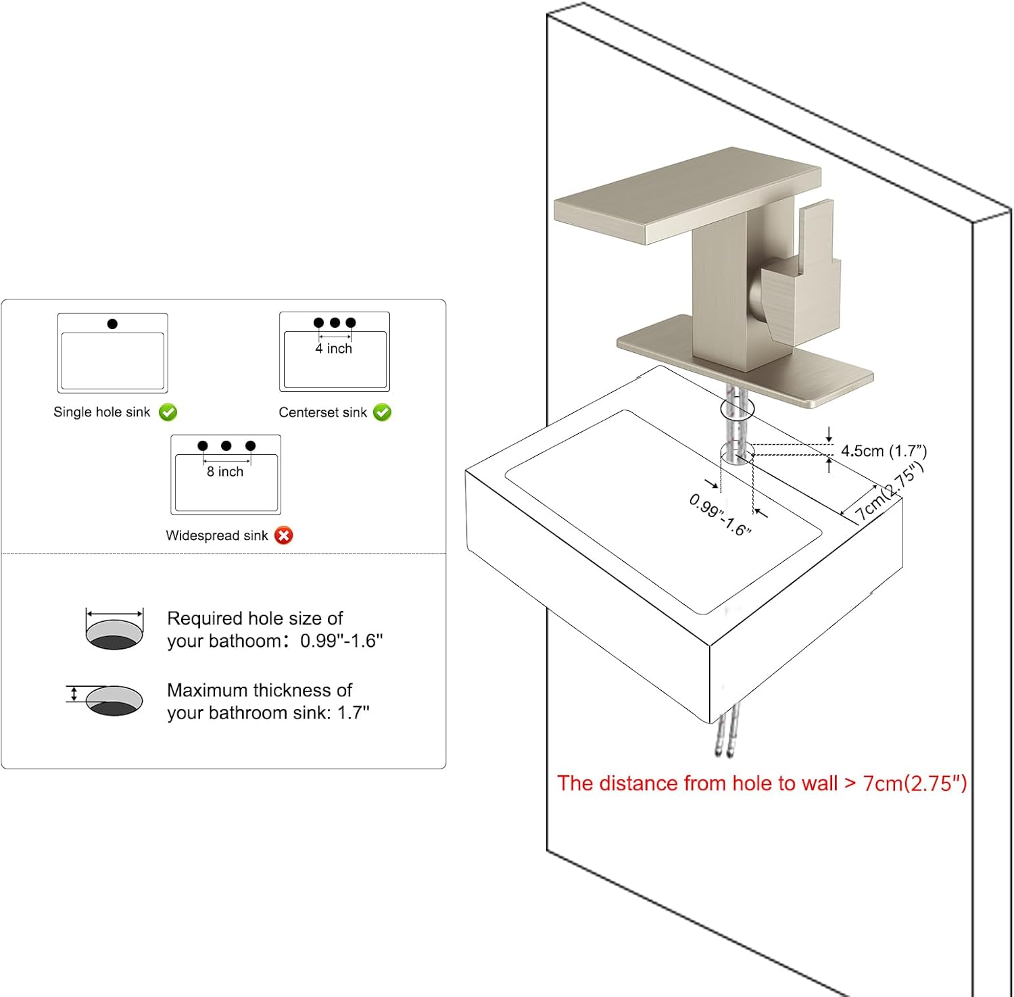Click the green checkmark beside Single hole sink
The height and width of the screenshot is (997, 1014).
point(168,412)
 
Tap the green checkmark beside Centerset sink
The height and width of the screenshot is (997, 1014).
point(382,412)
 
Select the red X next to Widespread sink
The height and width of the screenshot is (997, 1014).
point(284,535)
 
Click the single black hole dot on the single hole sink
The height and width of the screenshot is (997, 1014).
point(112,324)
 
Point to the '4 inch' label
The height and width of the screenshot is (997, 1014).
point(334,349)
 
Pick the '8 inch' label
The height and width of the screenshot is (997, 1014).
point(225,472)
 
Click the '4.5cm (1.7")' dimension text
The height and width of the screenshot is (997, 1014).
point(884,451)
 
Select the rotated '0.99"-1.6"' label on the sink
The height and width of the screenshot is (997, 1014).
point(720,514)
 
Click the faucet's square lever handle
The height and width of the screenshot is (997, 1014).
point(804,270)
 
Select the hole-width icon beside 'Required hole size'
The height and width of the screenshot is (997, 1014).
point(114,629)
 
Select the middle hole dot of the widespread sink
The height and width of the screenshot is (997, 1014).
point(226,445)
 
